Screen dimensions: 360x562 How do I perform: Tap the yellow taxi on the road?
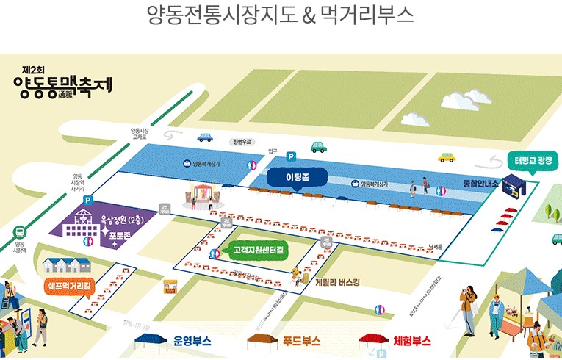pyautogui.click(x=447, y=156)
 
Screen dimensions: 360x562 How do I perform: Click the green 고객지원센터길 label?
pyautogui.click(x=259, y=251)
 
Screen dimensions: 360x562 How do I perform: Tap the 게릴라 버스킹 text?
pyautogui.click(x=337, y=282)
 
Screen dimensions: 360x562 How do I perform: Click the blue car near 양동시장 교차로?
pyautogui.click(x=205, y=137)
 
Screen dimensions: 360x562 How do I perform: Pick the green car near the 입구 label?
pyautogui.click(x=318, y=147)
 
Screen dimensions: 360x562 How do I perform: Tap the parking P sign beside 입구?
pyautogui.click(x=291, y=156)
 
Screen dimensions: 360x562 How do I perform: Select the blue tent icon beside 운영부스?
pyautogui.click(x=152, y=340)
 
